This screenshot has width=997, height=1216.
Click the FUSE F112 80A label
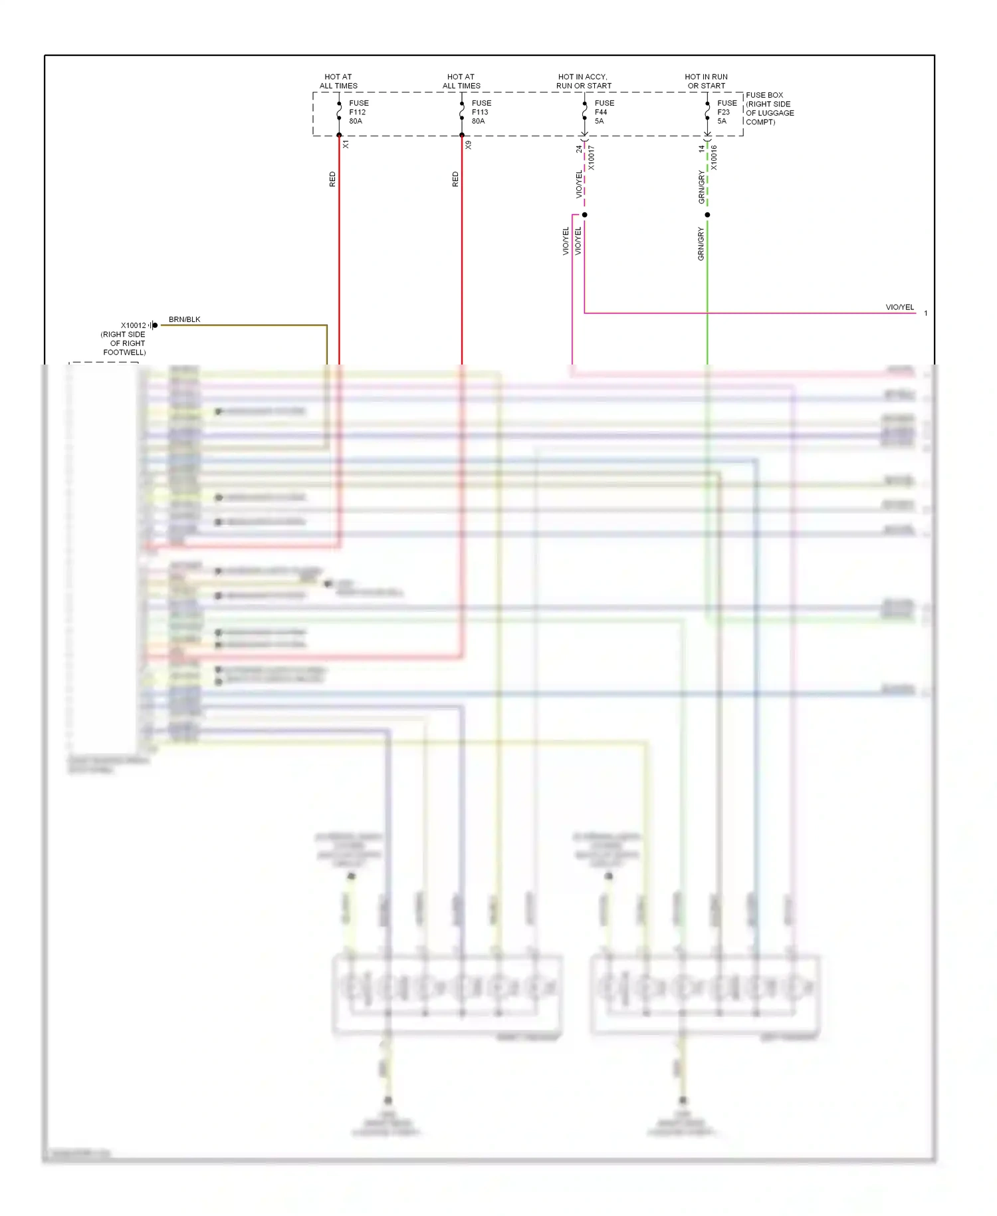pyautogui.click(x=358, y=112)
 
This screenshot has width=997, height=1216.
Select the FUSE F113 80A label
pyautogui.click(x=481, y=112)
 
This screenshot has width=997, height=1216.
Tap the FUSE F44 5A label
pyautogui.click(x=604, y=112)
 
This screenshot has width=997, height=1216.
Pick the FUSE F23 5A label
pyautogui.click(x=726, y=112)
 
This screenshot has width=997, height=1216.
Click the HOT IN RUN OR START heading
pyautogui.click(x=706, y=81)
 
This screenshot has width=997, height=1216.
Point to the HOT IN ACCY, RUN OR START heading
pyautogui.click(x=583, y=81)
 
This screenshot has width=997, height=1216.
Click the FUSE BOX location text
pyautogui.click(x=769, y=108)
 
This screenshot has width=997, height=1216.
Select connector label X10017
pyautogui.click(x=591, y=158)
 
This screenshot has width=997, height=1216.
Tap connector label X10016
pyautogui.click(x=714, y=158)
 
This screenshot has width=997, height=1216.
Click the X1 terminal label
pyautogui.click(x=346, y=144)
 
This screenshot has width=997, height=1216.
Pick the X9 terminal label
pyautogui.click(x=469, y=144)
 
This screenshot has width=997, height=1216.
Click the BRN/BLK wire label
pyautogui.click(x=184, y=319)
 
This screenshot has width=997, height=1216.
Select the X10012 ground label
pyautogui.click(x=132, y=326)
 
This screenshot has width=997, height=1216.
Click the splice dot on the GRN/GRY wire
pyautogui.click(x=707, y=215)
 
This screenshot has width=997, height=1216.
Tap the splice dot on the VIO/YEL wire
pyautogui.click(x=584, y=215)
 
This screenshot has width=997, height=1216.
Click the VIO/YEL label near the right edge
pyautogui.click(x=899, y=307)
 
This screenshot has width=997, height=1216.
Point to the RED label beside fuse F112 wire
pyautogui.click(x=332, y=179)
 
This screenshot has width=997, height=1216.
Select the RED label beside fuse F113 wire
pyautogui.click(x=455, y=179)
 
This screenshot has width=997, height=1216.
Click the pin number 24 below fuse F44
pyautogui.click(x=578, y=149)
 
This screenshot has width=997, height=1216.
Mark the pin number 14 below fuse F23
pyautogui.click(x=701, y=149)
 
